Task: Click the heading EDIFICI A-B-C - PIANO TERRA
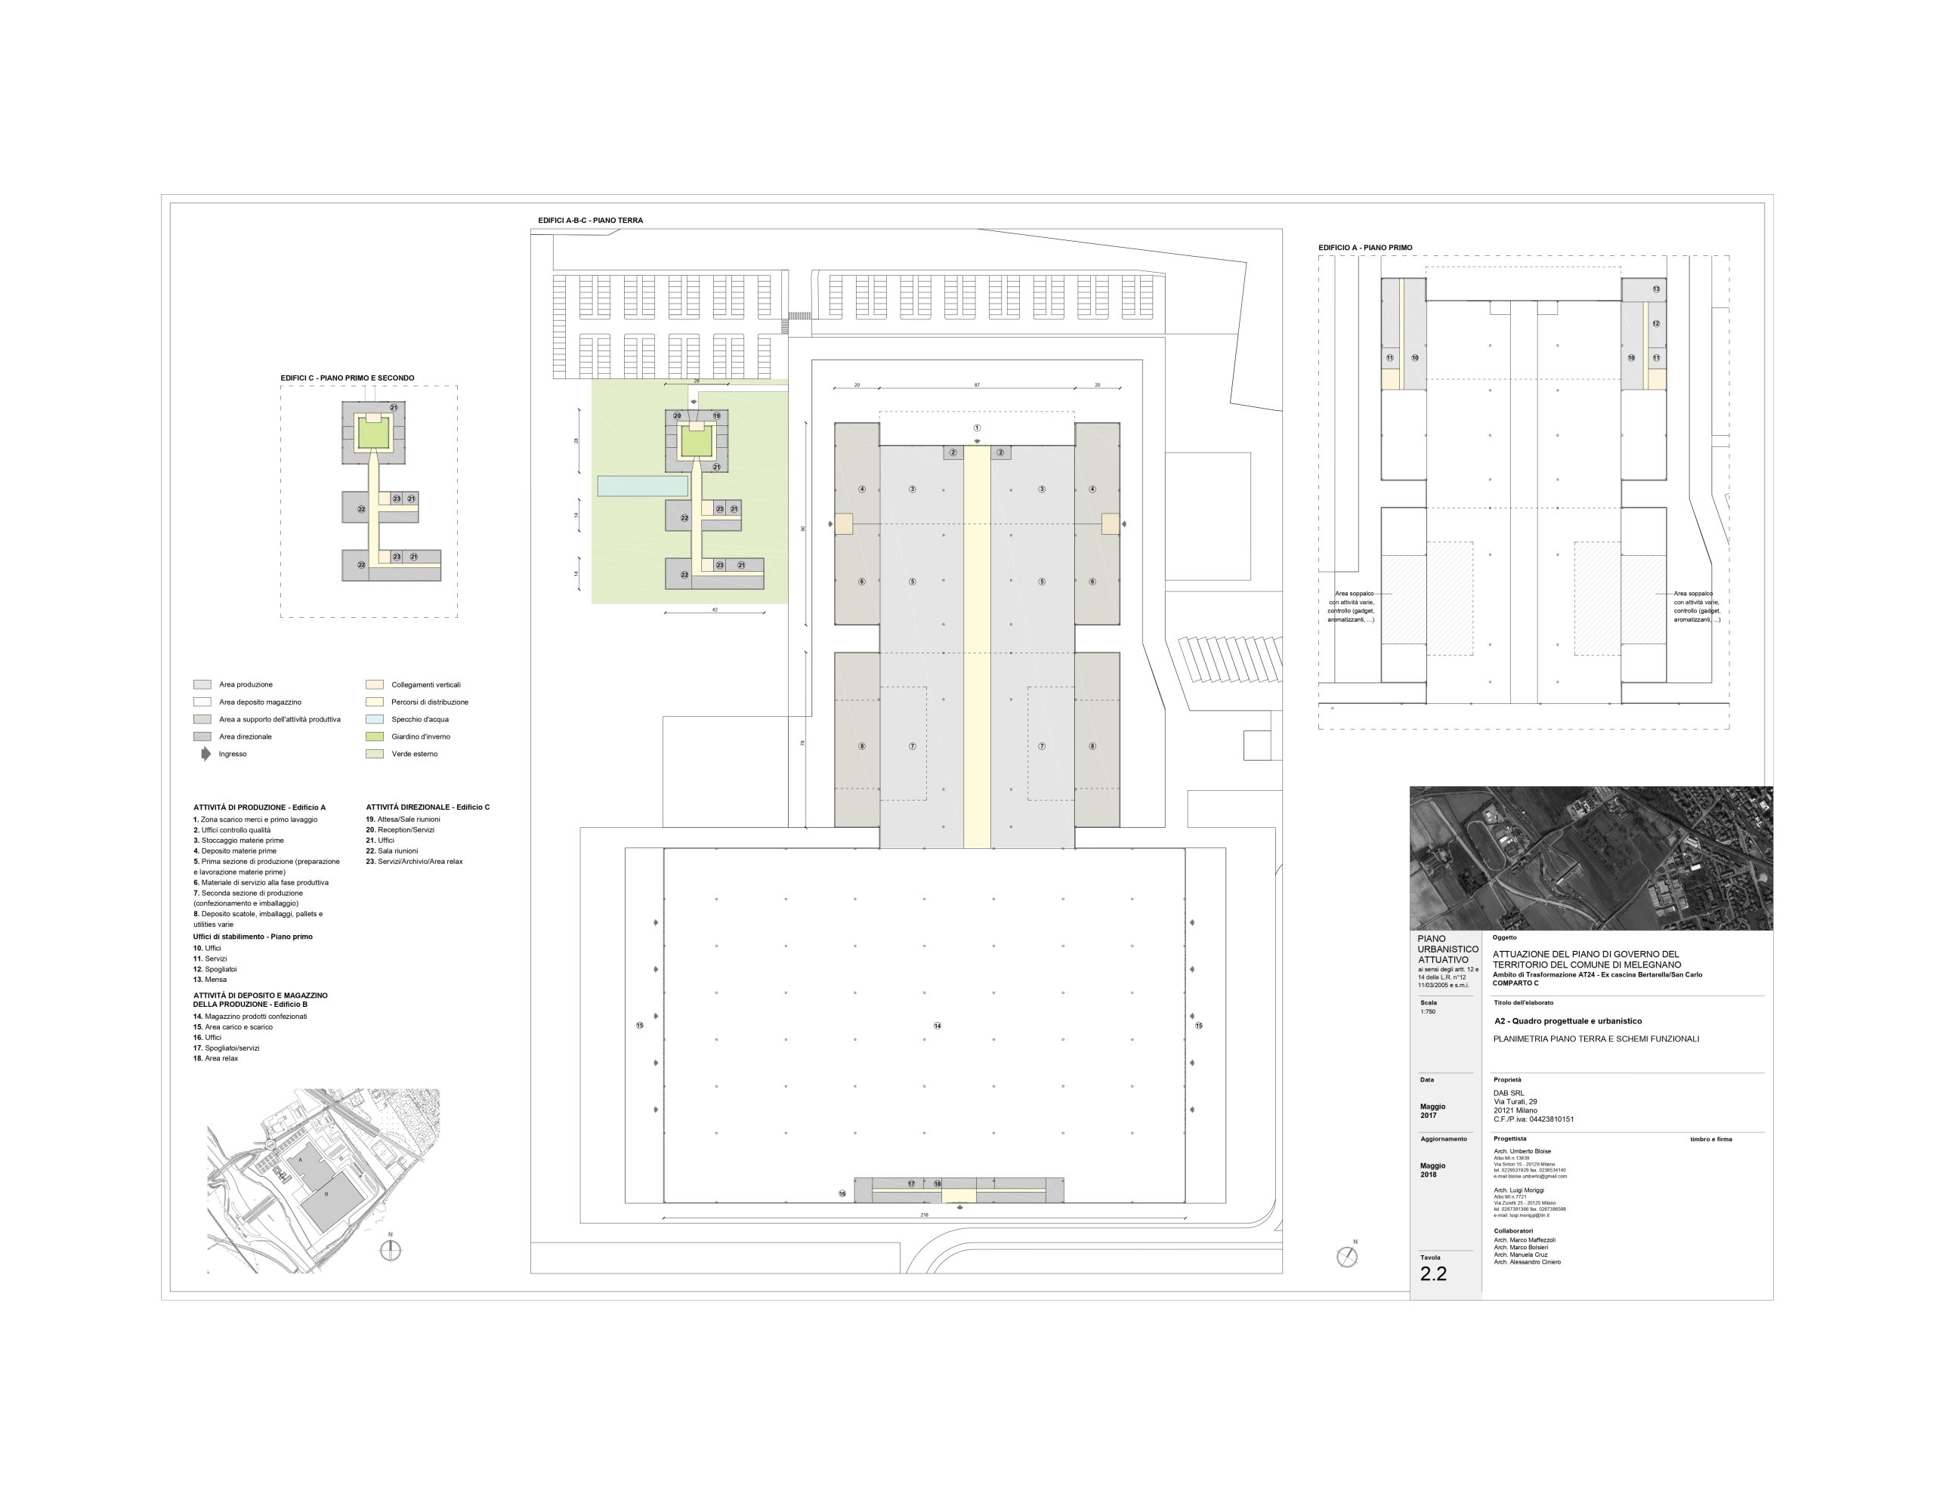[590, 221]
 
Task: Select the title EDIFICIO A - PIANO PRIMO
[1364, 248]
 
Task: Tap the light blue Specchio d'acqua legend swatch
[375, 719]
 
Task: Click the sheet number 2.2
[1433, 1274]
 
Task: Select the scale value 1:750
[1428, 1011]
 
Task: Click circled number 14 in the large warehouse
[937, 1026]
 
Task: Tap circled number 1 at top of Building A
[977, 428]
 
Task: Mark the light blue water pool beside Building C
[642, 486]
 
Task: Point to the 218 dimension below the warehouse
[925, 1216]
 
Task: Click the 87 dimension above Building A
[977, 385]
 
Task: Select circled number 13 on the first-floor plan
[1656, 289]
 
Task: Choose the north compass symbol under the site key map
[390, 1251]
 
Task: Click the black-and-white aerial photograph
[1590, 857]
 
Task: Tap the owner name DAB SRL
[1510, 1093]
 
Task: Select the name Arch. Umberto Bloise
[1522, 1151]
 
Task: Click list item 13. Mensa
[210, 980]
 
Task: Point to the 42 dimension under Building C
[715, 610]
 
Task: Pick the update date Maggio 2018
[1433, 1170]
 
